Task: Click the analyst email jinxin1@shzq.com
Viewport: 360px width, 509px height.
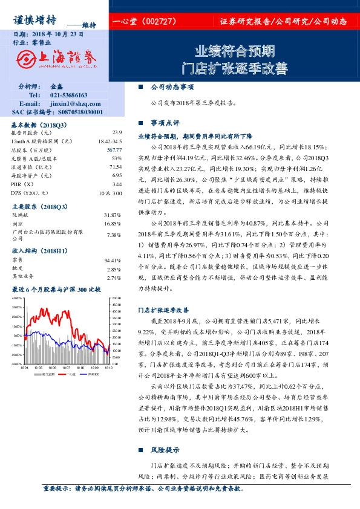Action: coord(68,103)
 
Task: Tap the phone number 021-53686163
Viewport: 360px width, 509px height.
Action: coord(68,95)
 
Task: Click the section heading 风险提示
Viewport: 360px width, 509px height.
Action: coord(165,450)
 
